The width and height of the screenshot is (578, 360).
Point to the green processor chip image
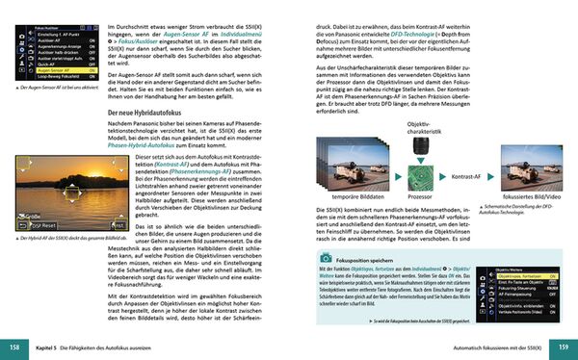coord(420,179)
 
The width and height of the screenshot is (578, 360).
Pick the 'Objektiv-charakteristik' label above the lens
coord(419,127)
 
